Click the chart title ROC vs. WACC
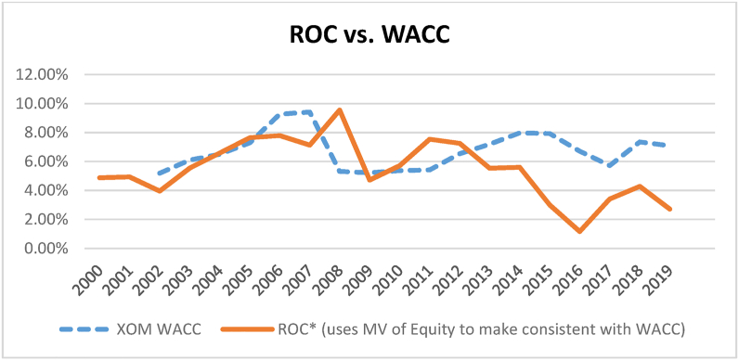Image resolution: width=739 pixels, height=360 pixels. (369, 36)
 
